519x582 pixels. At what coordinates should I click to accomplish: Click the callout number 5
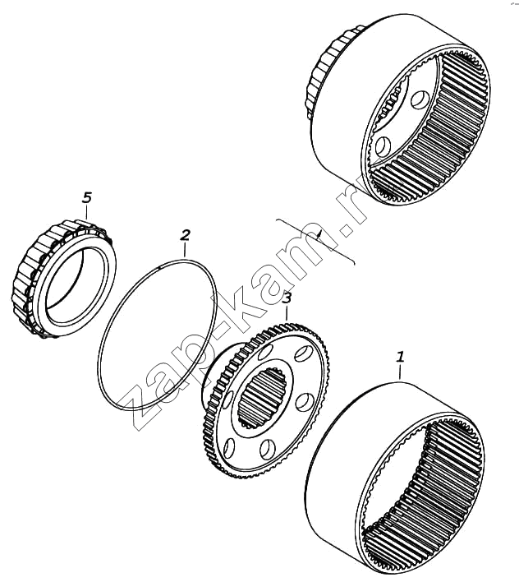(86, 197)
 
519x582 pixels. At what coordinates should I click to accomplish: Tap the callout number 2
(186, 235)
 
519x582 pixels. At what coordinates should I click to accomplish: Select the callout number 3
(287, 298)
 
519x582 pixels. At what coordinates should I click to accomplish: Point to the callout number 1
(400, 357)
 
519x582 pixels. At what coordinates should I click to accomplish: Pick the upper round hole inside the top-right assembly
(420, 100)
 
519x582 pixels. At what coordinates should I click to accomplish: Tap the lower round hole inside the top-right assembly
(383, 146)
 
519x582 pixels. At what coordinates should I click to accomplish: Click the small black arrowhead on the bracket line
(319, 233)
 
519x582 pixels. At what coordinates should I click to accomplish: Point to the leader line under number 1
(400, 372)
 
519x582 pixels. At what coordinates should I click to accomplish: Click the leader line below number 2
(185, 250)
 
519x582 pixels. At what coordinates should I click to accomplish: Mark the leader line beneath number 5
(86, 211)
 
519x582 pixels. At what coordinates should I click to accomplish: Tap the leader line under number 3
(287, 312)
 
